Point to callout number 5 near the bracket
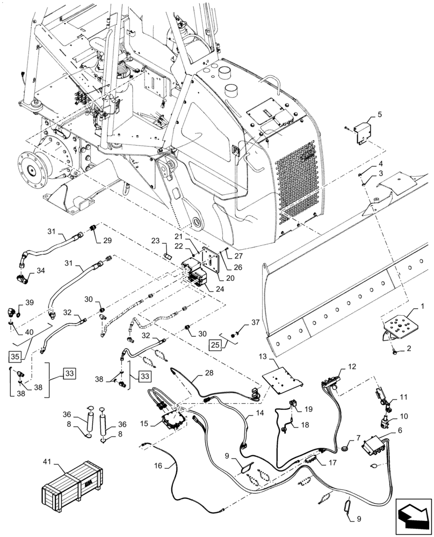pyautogui.click(x=379, y=114)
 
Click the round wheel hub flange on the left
pyautogui.click(x=34, y=170)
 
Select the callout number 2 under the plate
pyautogui.click(x=410, y=348)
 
